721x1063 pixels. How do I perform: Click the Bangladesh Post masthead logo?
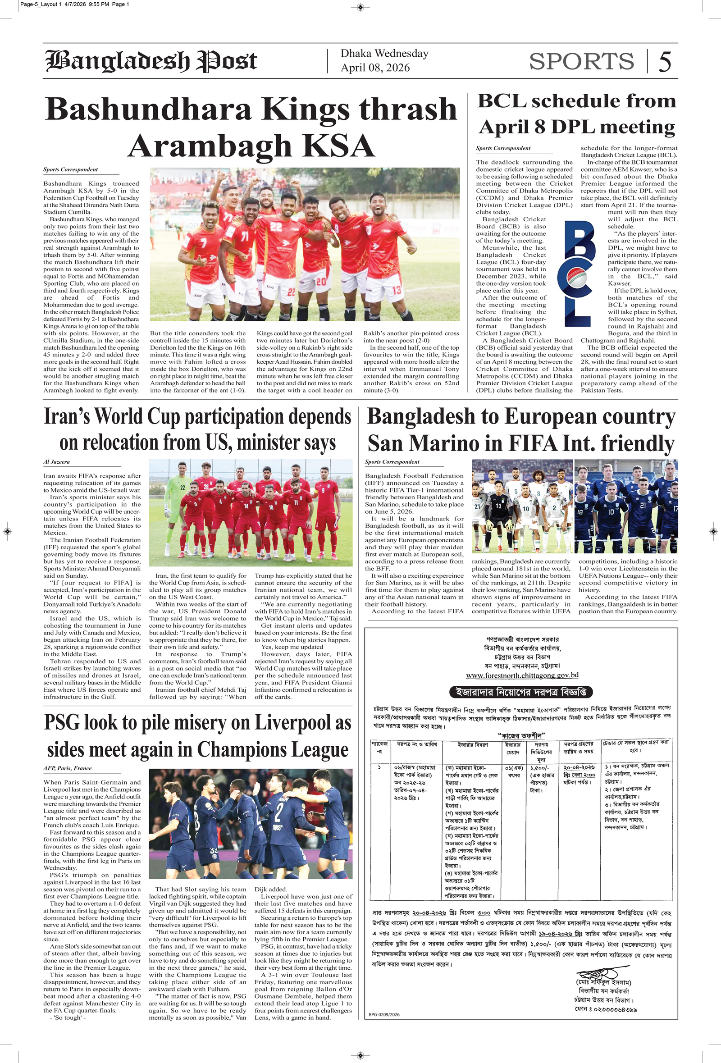click(151, 61)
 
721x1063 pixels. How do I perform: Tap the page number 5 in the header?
click(665, 62)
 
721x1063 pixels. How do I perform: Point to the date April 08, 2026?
click(374, 68)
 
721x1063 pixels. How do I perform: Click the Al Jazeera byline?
click(57, 462)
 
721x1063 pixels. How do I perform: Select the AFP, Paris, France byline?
click(68, 768)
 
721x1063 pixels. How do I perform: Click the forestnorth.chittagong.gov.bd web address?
click(522, 675)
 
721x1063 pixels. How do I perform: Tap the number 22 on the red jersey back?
click(276, 226)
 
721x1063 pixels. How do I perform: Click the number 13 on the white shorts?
click(396, 290)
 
